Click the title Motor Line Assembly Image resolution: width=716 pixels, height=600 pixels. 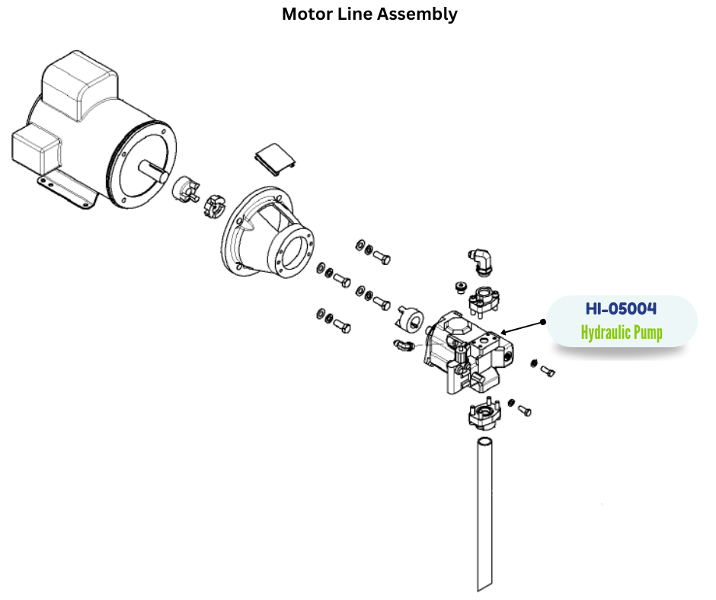pos(369,14)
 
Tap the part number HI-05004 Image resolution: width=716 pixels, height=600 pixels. pos(621,309)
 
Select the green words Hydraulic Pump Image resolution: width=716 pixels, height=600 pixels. pos(621,333)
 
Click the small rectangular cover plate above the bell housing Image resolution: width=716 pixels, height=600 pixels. pos(274,161)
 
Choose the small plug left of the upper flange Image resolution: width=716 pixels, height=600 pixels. pos(459,286)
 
